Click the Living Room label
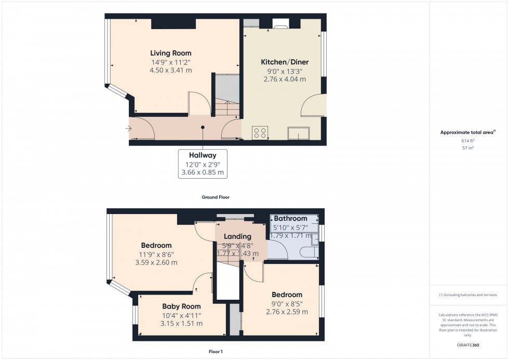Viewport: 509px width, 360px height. tap(170, 53)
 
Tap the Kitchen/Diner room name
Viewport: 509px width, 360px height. tap(284, 62)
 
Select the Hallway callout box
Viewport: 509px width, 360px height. tap(203, 164)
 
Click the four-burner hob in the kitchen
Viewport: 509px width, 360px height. tap(260, 133)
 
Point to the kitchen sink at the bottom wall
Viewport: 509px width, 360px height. tap(299, 133)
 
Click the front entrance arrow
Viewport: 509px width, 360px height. tap(128, 128)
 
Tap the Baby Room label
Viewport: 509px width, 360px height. tap(181, 306)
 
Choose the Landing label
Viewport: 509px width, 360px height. tap(237, 236)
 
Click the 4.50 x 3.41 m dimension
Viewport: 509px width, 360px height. tap(170, 70)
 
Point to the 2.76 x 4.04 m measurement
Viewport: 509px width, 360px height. tap(284, 79)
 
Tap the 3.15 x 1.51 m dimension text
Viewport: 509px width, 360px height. tap(181, 324)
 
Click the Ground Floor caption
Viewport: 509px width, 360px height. tap(216, 197)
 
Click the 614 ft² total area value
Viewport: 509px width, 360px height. tap(468, 141)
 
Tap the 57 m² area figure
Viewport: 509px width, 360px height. tap(468, 148)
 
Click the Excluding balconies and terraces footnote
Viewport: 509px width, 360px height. tap(468, 295)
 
